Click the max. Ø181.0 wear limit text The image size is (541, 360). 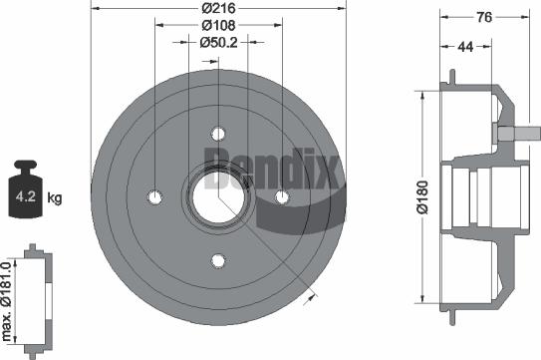(8, 298)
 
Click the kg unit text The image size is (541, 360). (54, 198)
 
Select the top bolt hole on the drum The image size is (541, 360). (217, 133)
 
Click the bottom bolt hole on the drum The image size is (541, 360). (217, 260)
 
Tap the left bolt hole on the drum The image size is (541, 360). (153, 196)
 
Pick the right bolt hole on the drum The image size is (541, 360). (281, 196)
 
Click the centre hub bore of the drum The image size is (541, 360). (216, 196)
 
